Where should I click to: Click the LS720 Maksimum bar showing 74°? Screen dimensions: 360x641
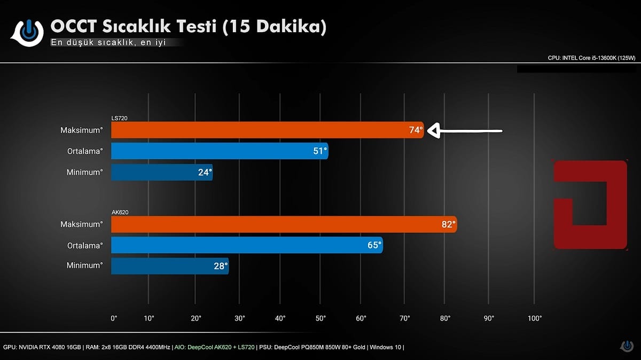267,130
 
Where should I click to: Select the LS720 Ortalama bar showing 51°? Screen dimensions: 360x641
219,151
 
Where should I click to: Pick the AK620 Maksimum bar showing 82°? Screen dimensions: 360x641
283,224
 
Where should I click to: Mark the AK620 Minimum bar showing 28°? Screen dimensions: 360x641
169,265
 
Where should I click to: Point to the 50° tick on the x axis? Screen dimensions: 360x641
320,318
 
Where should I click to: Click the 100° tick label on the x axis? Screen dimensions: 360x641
534,318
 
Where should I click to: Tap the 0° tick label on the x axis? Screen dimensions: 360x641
114,318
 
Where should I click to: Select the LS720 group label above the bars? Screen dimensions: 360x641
119,118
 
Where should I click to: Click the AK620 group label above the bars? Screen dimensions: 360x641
120,213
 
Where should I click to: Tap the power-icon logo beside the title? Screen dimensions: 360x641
30,32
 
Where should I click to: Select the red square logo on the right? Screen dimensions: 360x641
590,204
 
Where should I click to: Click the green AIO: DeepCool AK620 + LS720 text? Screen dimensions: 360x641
214,347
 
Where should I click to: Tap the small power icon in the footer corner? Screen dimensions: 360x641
627,346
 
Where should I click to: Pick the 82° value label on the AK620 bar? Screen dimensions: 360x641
447,224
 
